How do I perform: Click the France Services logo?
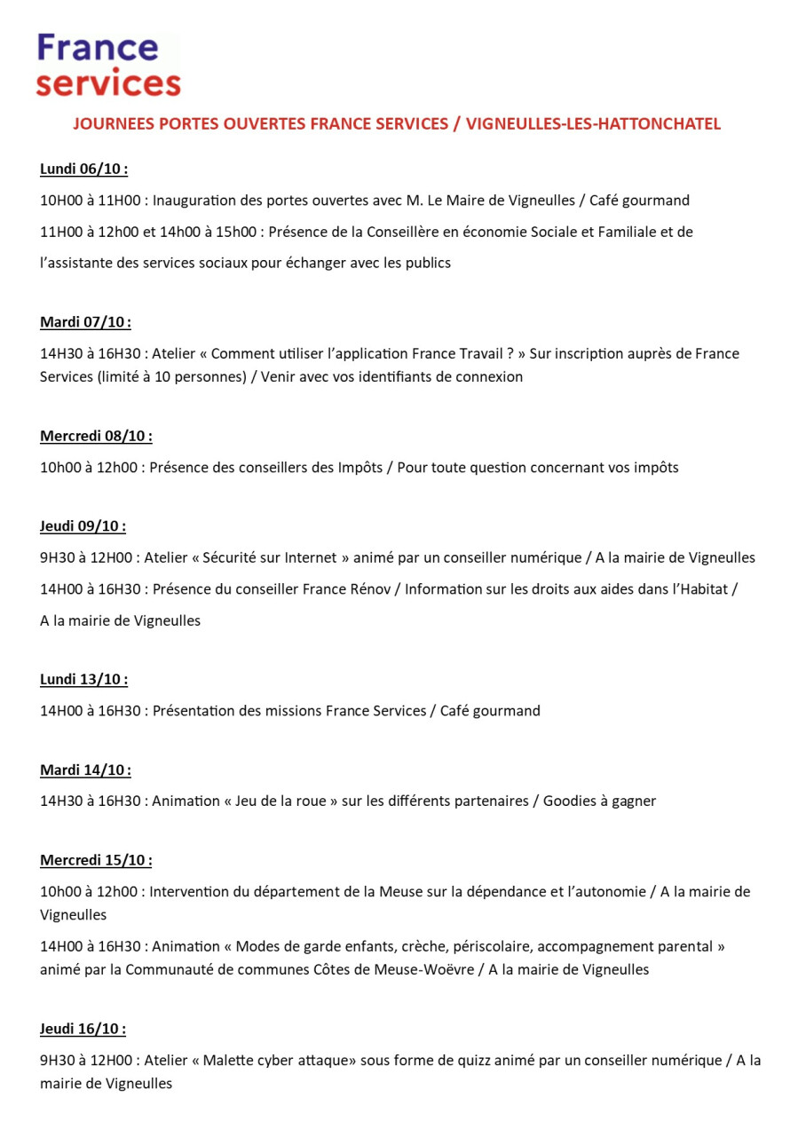point(108,65)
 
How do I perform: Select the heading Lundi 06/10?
point(83,170)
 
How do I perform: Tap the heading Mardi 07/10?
point(85,322)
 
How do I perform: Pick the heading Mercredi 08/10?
point(96,436)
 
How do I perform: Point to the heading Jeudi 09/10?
point(83,526)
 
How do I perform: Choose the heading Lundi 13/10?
point(83,679)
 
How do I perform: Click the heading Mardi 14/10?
point(85,770)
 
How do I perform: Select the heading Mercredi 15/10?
point(96,860)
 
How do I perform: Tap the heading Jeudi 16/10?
point(83,1029)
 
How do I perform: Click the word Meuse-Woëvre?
point(431,969)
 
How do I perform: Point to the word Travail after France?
point(479,353)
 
